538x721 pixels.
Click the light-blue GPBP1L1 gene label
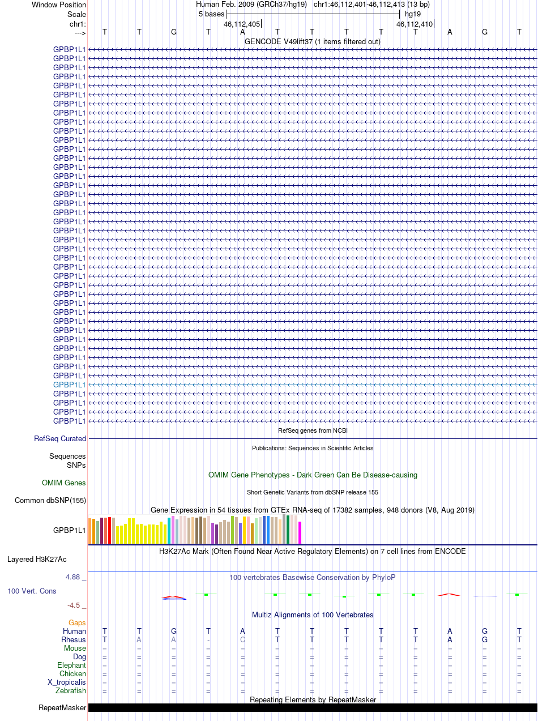coord(69,385)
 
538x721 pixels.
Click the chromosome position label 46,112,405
coord(242,24)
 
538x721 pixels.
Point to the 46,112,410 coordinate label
coord(415,24)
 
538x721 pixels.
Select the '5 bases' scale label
coord(211,14)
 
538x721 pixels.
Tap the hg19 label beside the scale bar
coord(413,14)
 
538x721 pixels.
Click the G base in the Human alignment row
coord(174,631)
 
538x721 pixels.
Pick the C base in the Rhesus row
coord(242,639)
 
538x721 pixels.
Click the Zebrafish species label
coord(71,690)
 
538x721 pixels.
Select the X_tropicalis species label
coord(67,682)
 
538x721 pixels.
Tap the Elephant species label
coord(71,665)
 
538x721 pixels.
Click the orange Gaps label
coord(77,622)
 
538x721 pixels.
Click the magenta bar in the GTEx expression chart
coord(300,532)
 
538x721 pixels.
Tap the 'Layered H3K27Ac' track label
coord(37,560)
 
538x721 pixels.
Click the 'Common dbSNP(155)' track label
coord(50,500)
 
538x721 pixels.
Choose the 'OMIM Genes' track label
coord(64,483)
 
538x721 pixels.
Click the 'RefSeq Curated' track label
coord(60,438)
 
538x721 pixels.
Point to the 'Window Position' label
coord(59,5)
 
